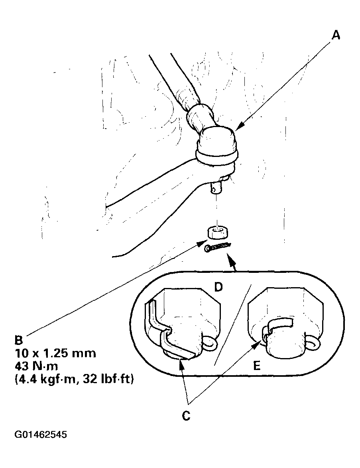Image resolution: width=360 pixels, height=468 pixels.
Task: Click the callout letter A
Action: (x=336, y=35)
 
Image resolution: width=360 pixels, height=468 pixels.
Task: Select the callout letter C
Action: (x=186, y=416)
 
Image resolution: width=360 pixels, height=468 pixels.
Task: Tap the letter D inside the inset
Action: (x=218, y=287)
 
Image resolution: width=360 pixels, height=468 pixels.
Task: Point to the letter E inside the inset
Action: (x=257, y=366)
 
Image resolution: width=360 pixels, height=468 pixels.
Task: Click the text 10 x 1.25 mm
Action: (x=56, y=353)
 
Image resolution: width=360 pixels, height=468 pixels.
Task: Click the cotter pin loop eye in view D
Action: (x=210, y=343)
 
